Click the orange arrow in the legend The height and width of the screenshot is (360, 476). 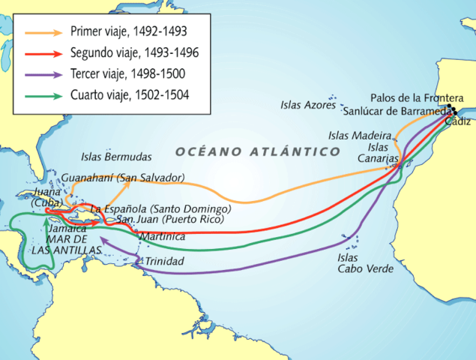[x=44, y=32]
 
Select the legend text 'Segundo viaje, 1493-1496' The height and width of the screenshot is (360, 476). [x=134, y=53]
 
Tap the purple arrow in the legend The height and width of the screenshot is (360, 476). [x=44, y=74]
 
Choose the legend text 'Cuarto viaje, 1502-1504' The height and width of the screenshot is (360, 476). [x=130, y=95]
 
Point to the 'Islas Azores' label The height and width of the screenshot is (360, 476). [x=308, y=105]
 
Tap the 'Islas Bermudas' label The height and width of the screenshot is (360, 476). [x=116, y=157]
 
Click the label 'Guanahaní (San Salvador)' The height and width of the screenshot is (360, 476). [x=123, y=178]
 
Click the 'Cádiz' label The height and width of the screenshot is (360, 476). [x=458, y=121]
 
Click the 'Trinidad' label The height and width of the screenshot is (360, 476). [x=164, y=262]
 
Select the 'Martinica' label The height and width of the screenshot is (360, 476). [x=162, y=236]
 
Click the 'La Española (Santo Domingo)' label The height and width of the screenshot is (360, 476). [x=159, y=208]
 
